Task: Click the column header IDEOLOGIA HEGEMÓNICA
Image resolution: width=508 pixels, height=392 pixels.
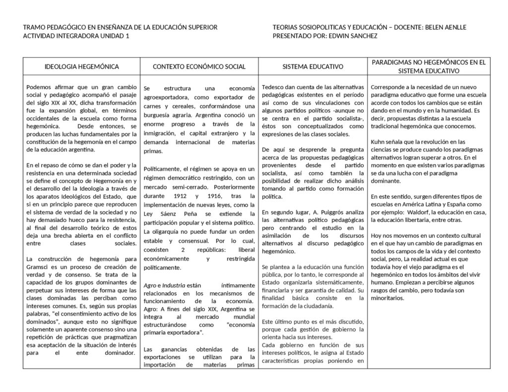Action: pyautogui.click(x=81, y=66)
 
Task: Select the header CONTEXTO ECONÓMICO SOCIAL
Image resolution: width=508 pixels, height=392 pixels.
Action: pyautogui.click(x=199, y=66)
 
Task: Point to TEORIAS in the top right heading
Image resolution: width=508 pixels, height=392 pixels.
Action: pyautogui.click(x=287, y=27)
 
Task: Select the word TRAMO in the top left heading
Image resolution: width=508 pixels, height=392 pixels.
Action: pyautogui.click(x=36, y=27)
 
